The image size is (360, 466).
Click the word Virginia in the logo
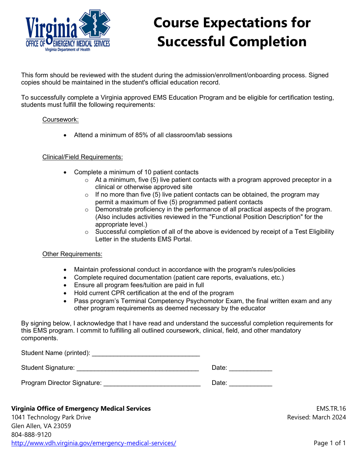[51, 28]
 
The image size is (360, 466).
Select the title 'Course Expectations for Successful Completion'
[232, 32]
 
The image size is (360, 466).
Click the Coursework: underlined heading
[61, 120]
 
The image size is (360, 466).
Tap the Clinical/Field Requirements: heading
[83, 157]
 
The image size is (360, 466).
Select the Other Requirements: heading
[72, 254]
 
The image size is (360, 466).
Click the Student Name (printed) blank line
[146, 353]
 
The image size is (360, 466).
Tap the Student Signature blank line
[138, 368]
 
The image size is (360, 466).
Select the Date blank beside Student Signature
[250, 368]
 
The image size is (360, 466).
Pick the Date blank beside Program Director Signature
[250, 383]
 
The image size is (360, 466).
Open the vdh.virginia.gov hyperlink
[94, 443]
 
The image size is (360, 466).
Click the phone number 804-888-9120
[31, 435]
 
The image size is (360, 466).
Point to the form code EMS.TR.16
[331, 408]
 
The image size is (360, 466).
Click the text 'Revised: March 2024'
[316, 418]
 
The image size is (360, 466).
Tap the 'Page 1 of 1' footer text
[330, 443]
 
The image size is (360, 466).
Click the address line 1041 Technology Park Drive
[51, 417]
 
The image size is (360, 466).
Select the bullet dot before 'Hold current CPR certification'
[66, 293]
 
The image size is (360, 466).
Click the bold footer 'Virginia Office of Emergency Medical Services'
[81, 408]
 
